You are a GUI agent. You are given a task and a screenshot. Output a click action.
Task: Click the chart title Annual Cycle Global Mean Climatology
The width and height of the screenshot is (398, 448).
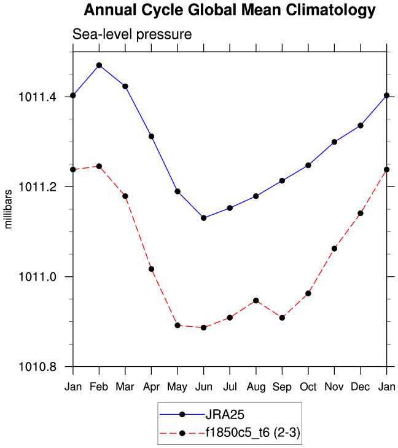[229, 10]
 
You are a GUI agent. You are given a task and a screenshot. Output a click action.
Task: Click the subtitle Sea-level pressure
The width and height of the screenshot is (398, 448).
[133, 34]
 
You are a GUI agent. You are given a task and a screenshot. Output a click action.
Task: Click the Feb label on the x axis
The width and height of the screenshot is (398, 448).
[99, 386]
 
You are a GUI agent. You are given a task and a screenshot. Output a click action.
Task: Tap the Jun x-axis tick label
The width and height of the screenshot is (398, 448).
[203, 386]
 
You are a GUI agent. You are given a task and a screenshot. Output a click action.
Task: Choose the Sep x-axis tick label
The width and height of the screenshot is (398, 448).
[282, 386]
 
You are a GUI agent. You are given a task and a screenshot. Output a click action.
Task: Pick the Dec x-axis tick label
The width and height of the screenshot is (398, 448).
[361, 386]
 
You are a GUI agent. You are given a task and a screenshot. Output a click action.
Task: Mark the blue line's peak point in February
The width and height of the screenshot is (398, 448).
[99, 65]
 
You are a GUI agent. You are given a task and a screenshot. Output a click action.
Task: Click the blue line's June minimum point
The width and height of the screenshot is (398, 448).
[203, 218]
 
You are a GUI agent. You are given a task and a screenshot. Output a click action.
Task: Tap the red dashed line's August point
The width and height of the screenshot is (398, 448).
[256, 300]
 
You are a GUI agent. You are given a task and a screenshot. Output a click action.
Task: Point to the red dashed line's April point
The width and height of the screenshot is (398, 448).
[151, 269]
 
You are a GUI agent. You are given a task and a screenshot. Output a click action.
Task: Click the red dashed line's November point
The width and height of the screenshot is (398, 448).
[334, 249]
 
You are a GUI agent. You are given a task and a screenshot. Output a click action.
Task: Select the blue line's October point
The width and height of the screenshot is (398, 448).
[308, 165]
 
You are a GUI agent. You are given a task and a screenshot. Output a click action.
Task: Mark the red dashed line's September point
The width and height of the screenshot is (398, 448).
[282, 318]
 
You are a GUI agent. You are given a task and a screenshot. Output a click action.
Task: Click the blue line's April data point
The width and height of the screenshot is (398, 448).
[151, 136]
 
